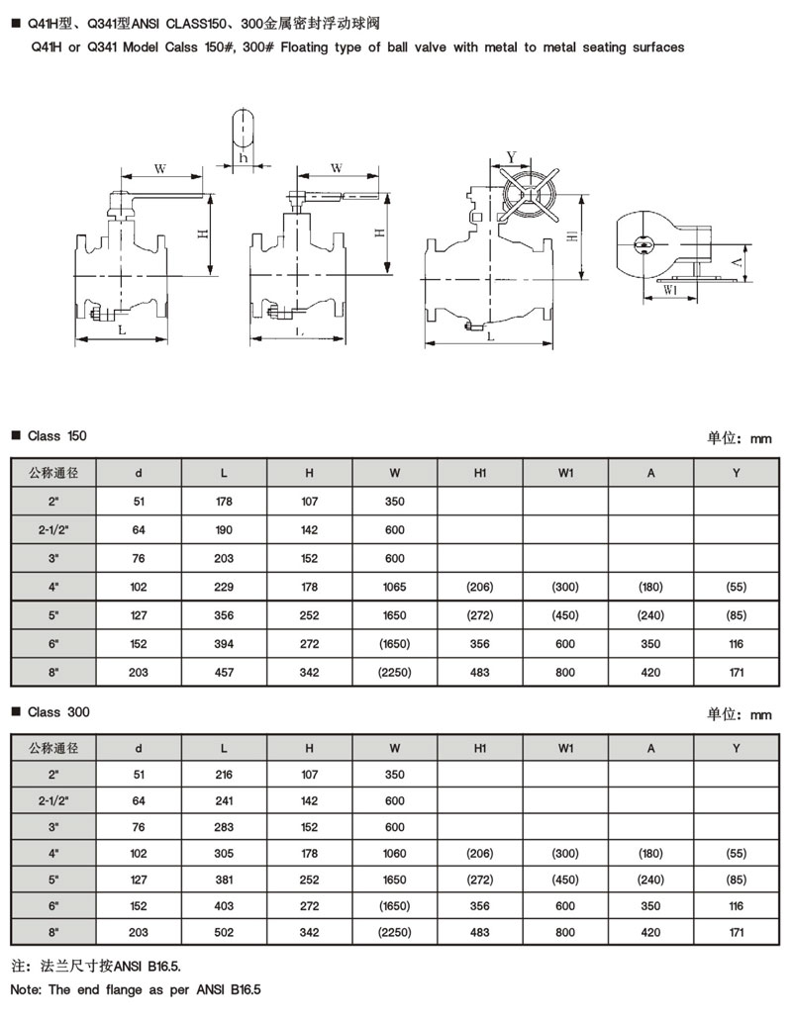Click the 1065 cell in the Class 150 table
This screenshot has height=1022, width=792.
pos(395,587)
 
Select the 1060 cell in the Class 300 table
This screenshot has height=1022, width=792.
pos(395,853)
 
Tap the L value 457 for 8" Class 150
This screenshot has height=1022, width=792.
pos(224,672)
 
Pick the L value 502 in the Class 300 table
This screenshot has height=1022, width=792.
pos(224,932)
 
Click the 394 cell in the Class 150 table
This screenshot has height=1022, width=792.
pos(224,644)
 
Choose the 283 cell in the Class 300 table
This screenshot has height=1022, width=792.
pos(224,827)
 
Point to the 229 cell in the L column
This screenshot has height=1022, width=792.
pos(224,587)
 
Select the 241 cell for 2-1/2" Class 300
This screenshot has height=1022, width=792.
pos(224,801)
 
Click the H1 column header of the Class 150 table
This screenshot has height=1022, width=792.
pos(480,473)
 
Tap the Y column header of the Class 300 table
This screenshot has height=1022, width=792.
pos(737,748)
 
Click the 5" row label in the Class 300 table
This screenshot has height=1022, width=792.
pos(53,880)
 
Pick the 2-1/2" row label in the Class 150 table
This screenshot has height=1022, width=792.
pos(53,530)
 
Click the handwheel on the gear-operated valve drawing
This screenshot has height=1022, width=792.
pos(529,194)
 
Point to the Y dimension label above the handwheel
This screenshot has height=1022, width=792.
pos(512,157)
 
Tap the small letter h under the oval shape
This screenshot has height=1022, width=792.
pos(244,157)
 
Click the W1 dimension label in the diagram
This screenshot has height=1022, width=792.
pos(670,290)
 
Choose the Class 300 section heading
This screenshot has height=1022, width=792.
pos(58,711)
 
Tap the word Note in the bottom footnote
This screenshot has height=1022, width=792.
pos(25,989)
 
